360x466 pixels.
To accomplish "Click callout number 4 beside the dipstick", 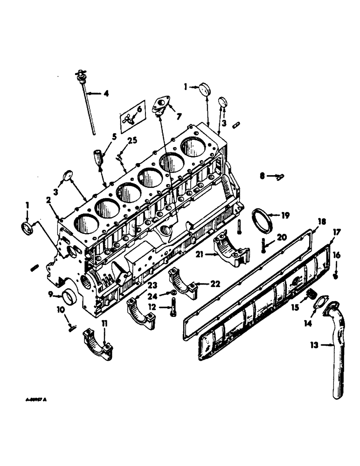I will coord(106,93).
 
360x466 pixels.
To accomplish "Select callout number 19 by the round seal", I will coord(285,215).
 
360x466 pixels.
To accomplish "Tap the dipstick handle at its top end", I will coord(81,74).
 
